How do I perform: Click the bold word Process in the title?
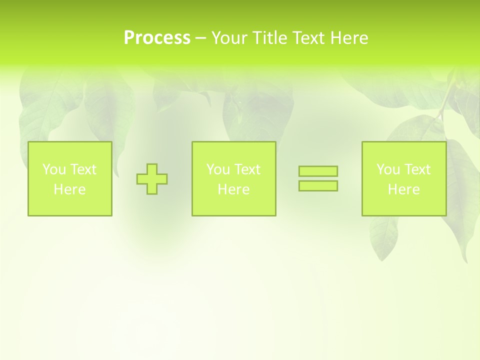tap(157, 38)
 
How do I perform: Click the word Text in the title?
tap(309, 38)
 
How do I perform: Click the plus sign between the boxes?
tap(152, 179)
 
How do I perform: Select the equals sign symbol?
tap(318, 178)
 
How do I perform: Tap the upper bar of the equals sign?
tap(318, 171)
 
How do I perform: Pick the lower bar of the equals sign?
tap(318, 185)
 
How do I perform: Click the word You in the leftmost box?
tap(54, 169)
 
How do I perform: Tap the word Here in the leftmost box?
tap(70, 189)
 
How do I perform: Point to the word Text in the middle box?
tap(247, 169)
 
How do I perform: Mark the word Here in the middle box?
tap(233, 189)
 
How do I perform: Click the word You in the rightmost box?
tap(388, 169)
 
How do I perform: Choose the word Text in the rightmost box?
tap(417, 169)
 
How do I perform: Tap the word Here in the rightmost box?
tap(404, 189)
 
